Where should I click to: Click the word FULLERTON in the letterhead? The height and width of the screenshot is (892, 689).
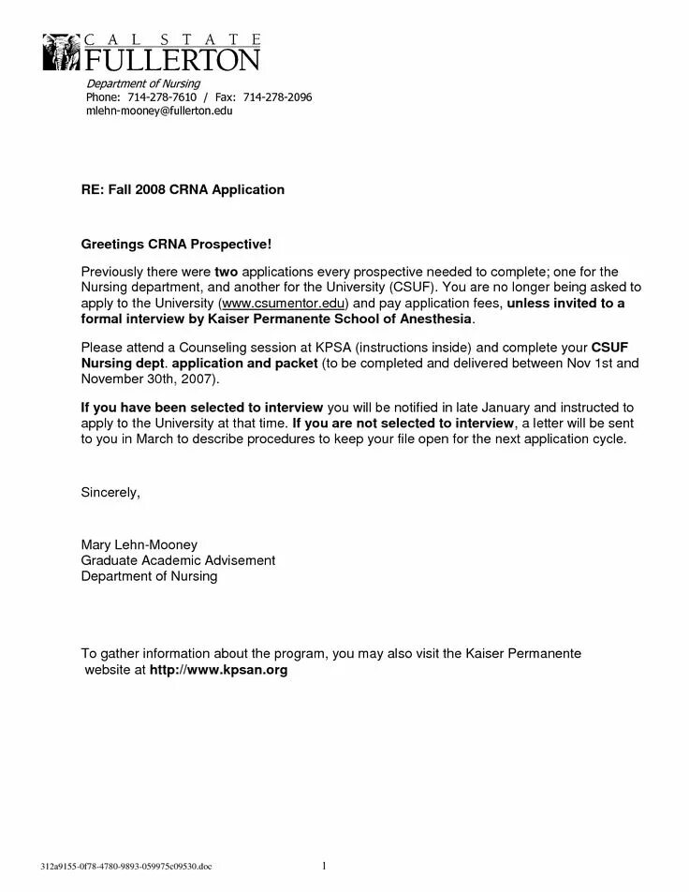coord(173,61)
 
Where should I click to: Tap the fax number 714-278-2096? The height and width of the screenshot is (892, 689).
coord(277,97)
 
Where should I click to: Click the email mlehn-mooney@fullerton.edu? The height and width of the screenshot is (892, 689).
coord(159,111)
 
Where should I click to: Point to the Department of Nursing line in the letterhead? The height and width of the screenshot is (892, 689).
coord(137,84)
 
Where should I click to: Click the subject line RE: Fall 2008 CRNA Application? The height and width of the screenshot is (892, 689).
coord(183,189)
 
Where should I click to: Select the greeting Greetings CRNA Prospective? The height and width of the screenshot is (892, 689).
coord(176,245)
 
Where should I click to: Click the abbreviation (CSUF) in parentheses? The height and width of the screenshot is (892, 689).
coord(409,288)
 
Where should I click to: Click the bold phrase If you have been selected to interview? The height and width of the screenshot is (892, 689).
coord(202,408)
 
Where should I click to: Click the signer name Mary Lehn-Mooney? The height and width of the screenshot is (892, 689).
coord(139,544)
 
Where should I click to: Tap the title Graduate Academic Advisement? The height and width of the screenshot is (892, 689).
coord(178,560)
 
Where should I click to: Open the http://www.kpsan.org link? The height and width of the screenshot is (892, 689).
coord(218,671)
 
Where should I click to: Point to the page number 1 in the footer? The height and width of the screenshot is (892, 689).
coord(323,864)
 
